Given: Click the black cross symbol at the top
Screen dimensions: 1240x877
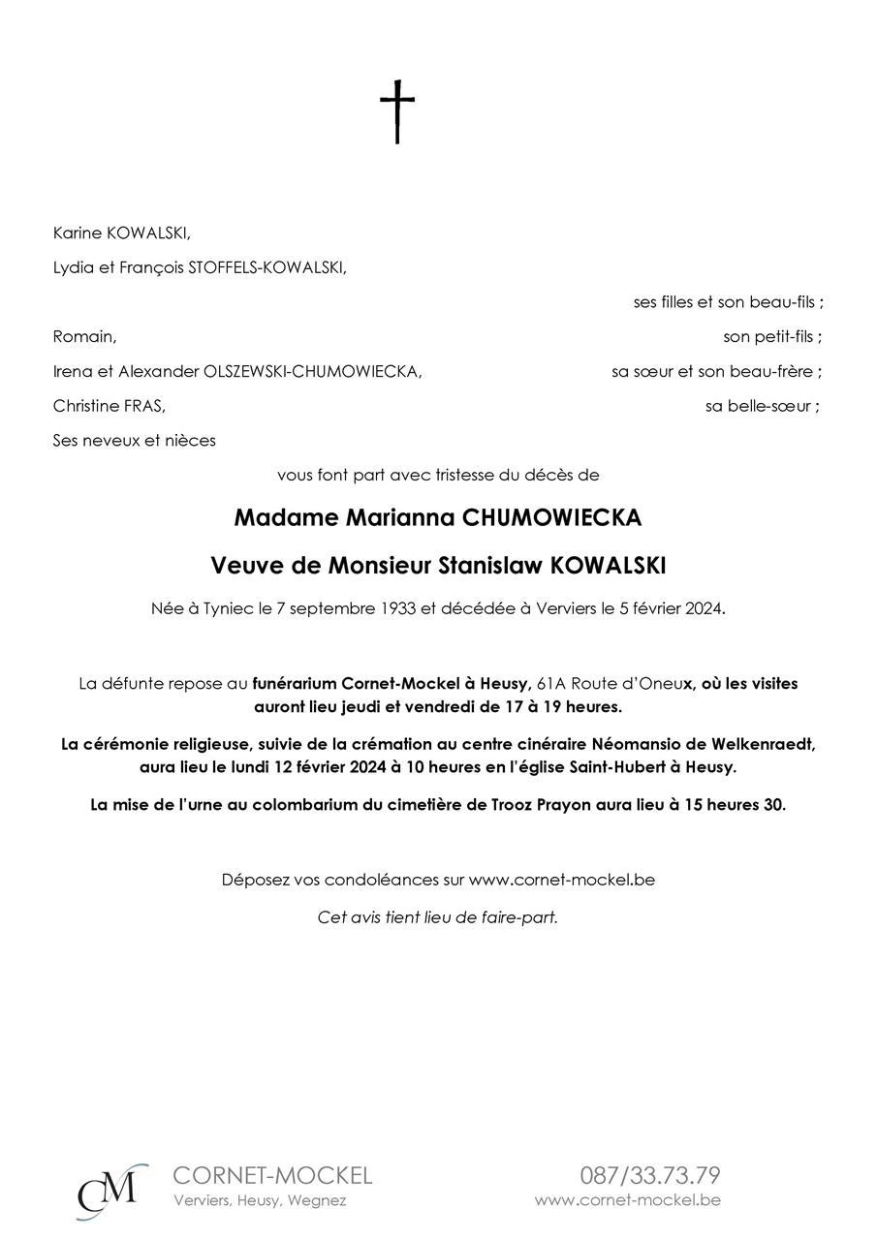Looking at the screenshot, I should (396, 112).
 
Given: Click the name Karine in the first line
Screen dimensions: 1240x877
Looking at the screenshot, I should (76, 233).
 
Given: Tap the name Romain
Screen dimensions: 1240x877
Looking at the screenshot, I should (84, 337).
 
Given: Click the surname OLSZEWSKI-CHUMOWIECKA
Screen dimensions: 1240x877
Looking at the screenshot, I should (312, 372).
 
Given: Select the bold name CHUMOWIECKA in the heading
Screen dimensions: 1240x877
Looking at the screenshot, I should (552, 518).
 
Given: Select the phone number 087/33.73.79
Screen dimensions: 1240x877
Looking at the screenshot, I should (650, 1176).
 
